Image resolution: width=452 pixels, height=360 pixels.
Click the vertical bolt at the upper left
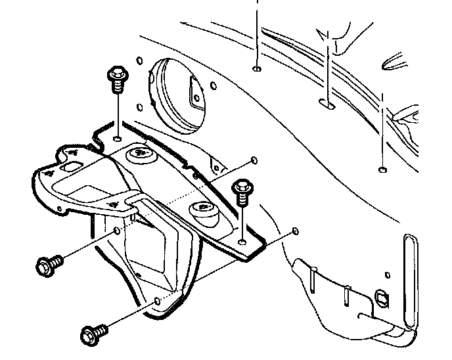point(116,79)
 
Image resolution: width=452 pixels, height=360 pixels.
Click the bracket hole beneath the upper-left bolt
point(116,139)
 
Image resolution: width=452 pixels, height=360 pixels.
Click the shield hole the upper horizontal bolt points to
point(117,231)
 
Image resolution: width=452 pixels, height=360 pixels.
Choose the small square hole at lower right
point(381,296)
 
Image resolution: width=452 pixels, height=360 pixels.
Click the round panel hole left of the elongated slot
point(257,68)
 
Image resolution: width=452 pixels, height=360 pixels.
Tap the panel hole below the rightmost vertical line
point(382,170)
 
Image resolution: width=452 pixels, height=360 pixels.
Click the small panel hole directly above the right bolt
point(254,160)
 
